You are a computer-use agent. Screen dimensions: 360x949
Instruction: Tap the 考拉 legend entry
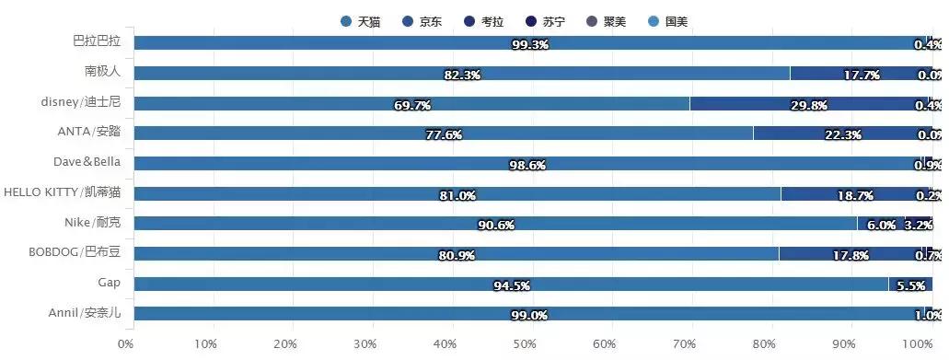(x=482, y=21)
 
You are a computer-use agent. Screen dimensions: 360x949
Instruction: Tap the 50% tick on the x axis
(x=525, y=343)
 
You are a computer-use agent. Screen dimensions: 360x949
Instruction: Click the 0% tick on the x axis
(x=126, y=343)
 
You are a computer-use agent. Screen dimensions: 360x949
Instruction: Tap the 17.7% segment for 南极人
(x=860, y=73)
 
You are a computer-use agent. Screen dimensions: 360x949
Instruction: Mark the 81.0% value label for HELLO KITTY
(x=457, y=195)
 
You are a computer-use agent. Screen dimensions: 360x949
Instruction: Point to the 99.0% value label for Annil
(x=528, y=315)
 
